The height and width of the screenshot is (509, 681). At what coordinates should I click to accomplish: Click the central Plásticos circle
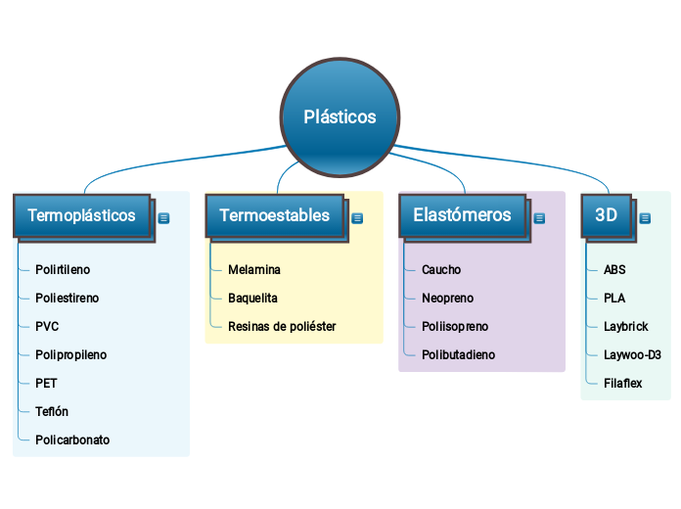pos(340,116)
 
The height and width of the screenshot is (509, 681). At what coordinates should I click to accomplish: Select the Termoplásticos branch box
pos(82,215)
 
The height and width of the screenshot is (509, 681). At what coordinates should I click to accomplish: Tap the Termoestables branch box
pos(275,215)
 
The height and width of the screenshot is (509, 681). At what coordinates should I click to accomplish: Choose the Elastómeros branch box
pos(462,215)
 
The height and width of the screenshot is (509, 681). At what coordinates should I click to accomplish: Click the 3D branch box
pos(607,215)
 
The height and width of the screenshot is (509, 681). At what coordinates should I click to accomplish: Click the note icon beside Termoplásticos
pos(163,218)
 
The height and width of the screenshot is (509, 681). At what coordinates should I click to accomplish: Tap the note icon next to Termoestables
pos(357,218)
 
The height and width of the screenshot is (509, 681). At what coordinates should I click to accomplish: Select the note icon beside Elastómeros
pos(539,218)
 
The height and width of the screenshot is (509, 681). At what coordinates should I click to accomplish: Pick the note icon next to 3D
pos(645,218)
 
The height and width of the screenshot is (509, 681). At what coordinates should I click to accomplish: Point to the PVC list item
pos(47,326)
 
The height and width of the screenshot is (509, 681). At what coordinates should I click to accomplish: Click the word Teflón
pos(52,411)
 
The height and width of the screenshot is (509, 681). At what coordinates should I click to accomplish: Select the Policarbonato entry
pos(72,440)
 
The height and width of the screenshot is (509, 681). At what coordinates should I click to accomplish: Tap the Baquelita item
pos(252,298)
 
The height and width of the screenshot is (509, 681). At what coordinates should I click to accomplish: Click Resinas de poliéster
pos(282,326)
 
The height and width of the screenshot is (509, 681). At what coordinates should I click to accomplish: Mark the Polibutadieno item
pos(458,354)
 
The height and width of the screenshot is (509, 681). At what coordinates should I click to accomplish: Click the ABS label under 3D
pos(614,269)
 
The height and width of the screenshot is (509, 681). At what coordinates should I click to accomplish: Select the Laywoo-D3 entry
pos(632,354)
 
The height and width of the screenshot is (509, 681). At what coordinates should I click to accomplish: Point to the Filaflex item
pos(623,383)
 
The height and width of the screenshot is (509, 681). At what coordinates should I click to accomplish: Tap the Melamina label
pos(254,269)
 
